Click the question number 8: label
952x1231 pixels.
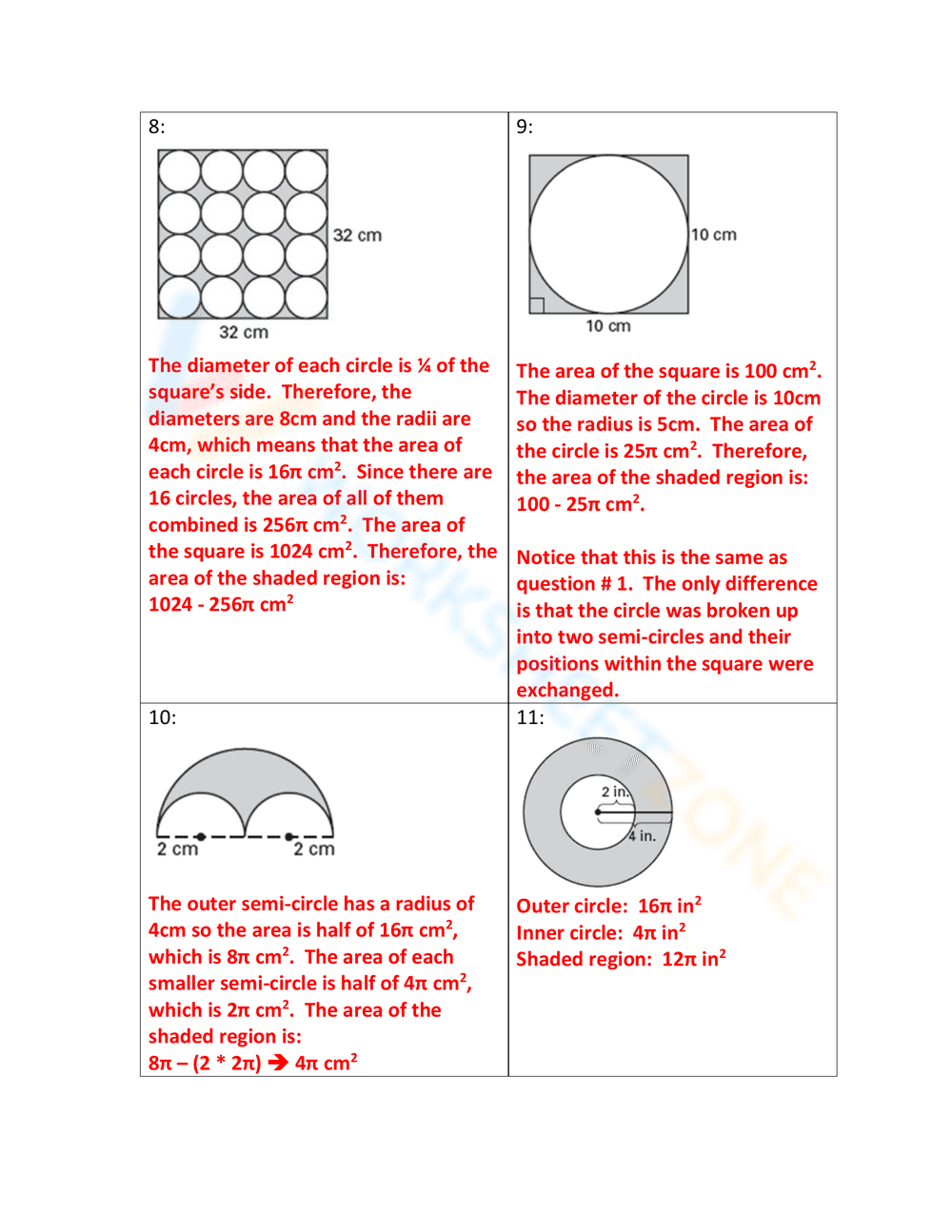(x=156, y=127)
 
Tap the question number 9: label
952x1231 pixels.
(x=525, y=127)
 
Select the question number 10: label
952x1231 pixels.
(x=162, y=717)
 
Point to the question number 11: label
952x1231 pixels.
(x=530, y=717)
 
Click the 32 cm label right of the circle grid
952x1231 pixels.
(x=357, y=235)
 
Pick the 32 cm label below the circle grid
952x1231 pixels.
(x=244, y=332)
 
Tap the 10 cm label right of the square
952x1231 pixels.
(x=714, y=235)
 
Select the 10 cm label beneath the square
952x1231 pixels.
(x=608, y=326)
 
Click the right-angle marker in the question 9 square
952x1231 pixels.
(x=536, y=305)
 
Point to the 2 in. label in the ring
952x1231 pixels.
(x=615, y=791)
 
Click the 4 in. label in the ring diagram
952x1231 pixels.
(x=642, y=836)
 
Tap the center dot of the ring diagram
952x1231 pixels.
(x=598, y=812)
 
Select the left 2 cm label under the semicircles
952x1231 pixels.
(x=177, y=849)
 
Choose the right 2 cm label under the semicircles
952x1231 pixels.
(x=314, y=849)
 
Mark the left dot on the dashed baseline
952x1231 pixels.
(x=201, y=836)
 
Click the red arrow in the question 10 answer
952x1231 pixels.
(x=278, y=1063)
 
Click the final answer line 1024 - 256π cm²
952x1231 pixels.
(x=221, y=604)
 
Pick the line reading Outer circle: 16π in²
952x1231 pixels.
(x=608, y=906)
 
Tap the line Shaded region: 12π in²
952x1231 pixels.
(x=621, y=959)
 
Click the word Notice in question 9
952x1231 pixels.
(x=546, y=557)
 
